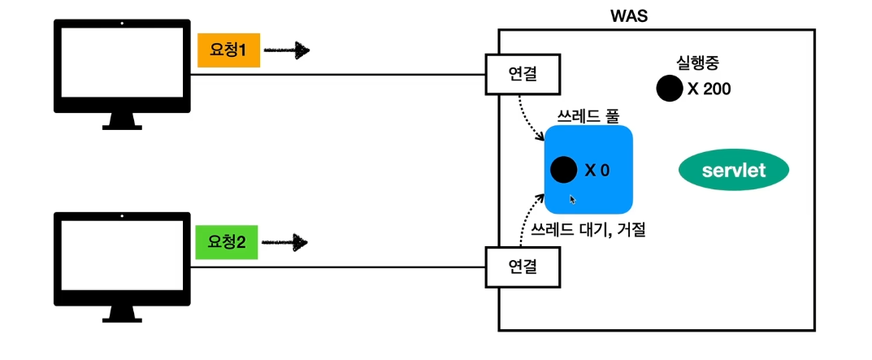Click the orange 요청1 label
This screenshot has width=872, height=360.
point(228,50)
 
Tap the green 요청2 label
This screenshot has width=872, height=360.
point(227,241)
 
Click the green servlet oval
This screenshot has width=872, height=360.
point(734,170)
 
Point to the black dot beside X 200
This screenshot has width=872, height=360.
point(669,89)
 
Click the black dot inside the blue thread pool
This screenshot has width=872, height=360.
point(563,170)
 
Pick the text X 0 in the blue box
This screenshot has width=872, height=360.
point(597,171)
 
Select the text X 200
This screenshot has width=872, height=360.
point(709,89)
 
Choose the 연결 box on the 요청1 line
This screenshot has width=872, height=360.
point(523,74)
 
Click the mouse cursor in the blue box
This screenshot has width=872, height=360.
point(573,199)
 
